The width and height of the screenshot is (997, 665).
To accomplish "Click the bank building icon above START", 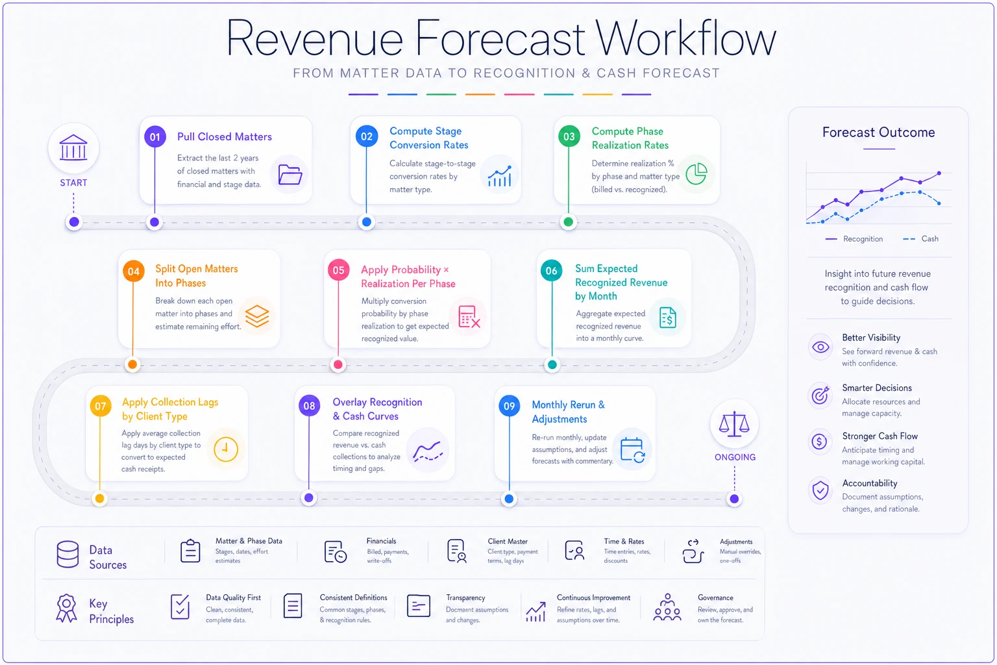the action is click(x=73, y=147).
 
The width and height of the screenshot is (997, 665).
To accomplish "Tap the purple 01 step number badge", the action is click(x=155, y=137).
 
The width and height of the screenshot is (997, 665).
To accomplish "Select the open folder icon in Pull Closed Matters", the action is click(x=289, y=175).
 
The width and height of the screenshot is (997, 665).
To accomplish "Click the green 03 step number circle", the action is click(x=569, y=136).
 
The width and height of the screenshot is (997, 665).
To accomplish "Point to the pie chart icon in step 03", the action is click(x=696, y=173).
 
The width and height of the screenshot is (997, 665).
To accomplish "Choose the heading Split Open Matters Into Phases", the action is click(x=196, y=276).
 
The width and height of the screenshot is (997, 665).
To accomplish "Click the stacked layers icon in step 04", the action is click(x=257, y=316).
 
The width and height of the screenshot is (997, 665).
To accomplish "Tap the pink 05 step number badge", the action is click(x=338, y=270).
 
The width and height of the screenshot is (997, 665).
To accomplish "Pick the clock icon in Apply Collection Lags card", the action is click(x=226, y=449).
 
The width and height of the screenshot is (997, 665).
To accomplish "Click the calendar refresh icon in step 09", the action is click(x=632, y=450).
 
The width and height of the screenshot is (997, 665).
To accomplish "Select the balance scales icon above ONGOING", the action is click(x=734, y=423).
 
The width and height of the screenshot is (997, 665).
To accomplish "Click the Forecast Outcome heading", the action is click(x=878, y=132).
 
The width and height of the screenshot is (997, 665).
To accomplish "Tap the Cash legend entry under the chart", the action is click(x=920, y=239).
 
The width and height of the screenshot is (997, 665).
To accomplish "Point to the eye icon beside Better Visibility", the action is click(x=820, y=347).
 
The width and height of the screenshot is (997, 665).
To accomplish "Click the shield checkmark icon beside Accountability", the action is click(x=820, y=490).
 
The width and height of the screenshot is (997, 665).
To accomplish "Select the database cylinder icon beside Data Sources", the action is click(x=68, y=554).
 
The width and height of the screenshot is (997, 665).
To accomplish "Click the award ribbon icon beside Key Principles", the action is click(x=66, y=608).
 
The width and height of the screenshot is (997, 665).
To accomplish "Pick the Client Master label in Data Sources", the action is click(x=508, y=541).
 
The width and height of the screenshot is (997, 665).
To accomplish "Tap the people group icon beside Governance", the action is click(x=667, y=607).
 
